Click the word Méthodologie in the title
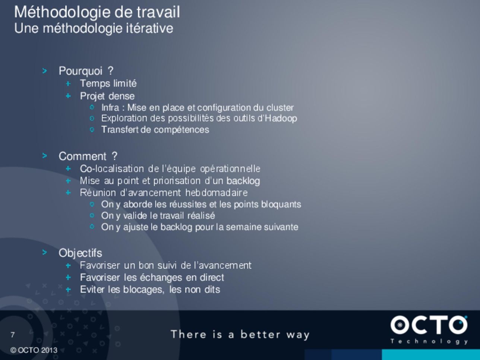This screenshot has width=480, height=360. pos(62,12)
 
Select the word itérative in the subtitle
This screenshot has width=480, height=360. pos(149,28)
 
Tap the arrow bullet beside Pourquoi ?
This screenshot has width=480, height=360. pos(45,71)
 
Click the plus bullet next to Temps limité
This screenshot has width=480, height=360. pos(68,84)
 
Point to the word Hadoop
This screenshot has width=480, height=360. pos(281,119)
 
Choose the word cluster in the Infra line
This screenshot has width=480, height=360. pos(280,108)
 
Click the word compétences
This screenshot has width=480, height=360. pos(181,130)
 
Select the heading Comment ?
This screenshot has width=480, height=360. pos(88,156)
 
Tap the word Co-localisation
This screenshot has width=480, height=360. pos(112,169)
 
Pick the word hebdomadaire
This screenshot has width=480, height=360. pos(217,193)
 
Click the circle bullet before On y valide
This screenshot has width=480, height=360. pos(92,215)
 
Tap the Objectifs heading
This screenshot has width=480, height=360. pos(80,253)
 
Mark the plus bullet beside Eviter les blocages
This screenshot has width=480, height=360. pos(68,290)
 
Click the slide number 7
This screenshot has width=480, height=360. pos(13,335)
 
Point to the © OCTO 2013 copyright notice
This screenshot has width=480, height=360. pos(34,350)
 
